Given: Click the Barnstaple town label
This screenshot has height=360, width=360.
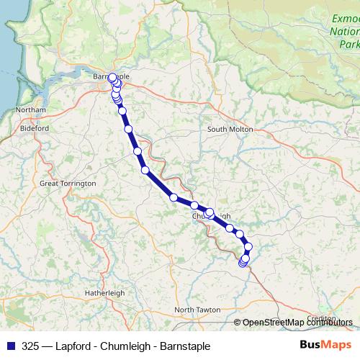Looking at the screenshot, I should (x=112, y=76).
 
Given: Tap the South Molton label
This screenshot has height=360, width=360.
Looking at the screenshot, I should (x=230, y=129).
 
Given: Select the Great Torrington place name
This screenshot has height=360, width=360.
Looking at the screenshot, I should (x=68, y=184).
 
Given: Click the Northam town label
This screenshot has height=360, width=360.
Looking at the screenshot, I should (x=31, y=109).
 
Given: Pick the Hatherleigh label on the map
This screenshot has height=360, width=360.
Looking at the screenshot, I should (x=104, y=293).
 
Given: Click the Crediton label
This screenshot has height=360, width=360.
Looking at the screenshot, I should (x=321, y=318).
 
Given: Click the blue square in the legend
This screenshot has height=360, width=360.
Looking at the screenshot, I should (x=10, y=346).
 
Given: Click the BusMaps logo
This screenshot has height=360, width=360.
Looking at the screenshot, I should (x=325, y=346).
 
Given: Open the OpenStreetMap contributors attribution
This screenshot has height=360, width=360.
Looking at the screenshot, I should (x=297, y=323).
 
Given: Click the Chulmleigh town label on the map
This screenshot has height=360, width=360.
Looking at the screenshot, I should (x=212, y=216).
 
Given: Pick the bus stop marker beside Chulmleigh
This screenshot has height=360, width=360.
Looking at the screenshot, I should (x=210, y=212).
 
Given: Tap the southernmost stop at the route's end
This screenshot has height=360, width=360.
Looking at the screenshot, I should (x=243, y=264).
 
